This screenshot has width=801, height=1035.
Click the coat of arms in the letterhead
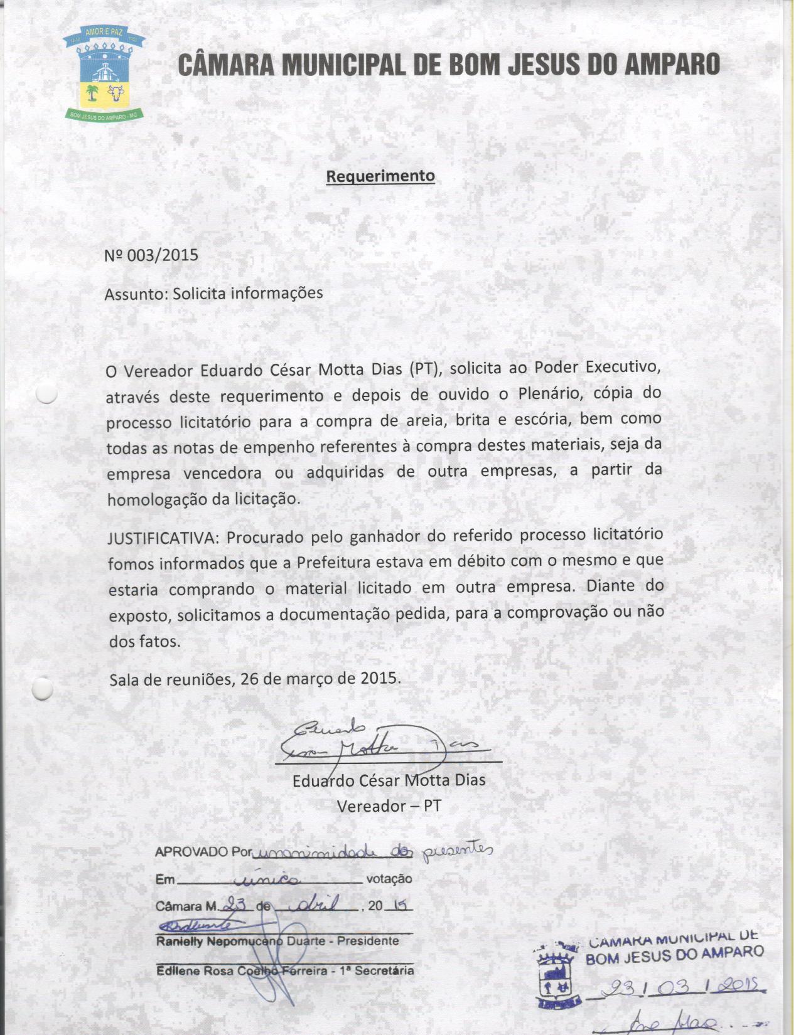pyautogui.click(x=105, y=73)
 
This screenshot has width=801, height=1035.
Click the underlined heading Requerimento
pyautogui.click(x=380, y=176)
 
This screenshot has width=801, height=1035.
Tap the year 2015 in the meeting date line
pyautogui.click(x=379, y=678)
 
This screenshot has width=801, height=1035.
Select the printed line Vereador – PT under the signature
pyautogui.click(x=389, y=805)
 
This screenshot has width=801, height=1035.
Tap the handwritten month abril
pyautogui.click(x=315, y=905)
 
